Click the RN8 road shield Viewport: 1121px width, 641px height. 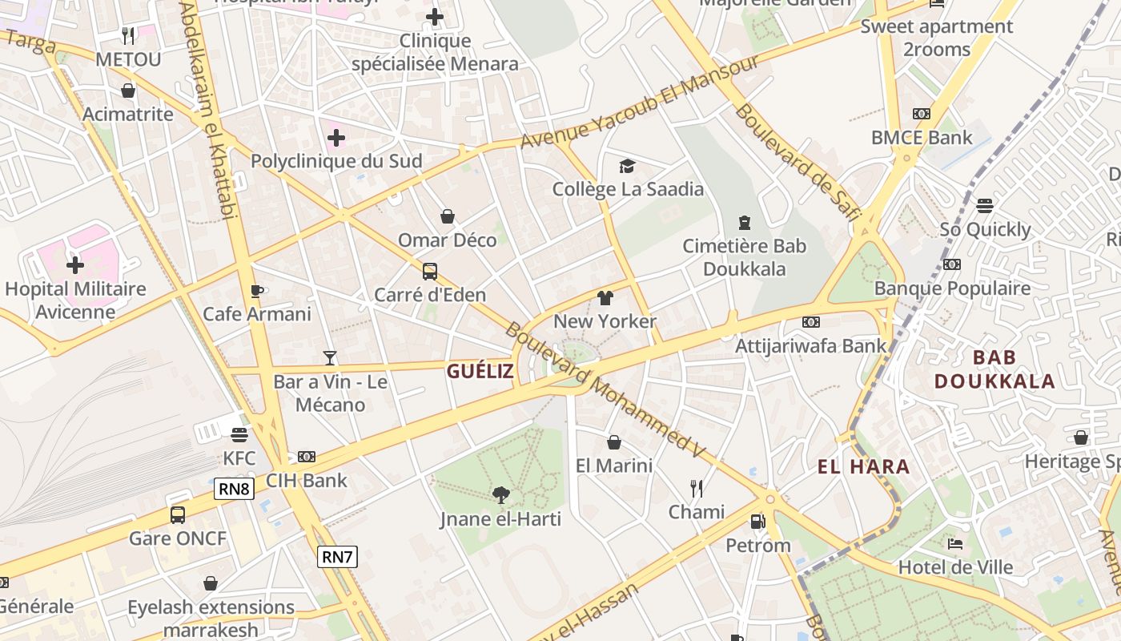[x=234, y=489]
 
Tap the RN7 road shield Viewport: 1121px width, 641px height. [x=337, y=557]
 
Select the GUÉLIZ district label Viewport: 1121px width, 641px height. [x=480, y=371]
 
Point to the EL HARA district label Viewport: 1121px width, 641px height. [x=864, y=466]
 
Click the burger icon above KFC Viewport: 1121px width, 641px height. [x=239, y=434]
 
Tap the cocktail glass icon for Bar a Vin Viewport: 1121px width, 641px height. [x=330, y=357]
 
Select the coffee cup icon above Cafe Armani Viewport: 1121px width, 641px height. [x=256, y=291]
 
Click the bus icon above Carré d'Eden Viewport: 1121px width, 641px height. [x=430, y=271]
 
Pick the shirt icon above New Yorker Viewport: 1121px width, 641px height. [x=605, y=298]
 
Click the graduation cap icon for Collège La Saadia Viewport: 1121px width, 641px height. [x=627, y=166]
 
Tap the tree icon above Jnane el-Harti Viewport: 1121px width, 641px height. [x=500, y=494]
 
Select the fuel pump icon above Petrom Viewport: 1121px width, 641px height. [x=757, y=522]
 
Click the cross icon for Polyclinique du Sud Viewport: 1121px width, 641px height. [x=336, y=138]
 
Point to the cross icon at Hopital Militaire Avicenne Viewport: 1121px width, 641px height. [x=75, y=264]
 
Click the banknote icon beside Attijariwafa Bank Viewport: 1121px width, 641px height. [x=811, y=322]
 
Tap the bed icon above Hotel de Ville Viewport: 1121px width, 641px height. [x=955, y=543]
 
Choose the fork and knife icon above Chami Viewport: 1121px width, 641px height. [x=697, y=488]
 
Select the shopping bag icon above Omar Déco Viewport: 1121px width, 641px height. [x=448, y=216]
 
